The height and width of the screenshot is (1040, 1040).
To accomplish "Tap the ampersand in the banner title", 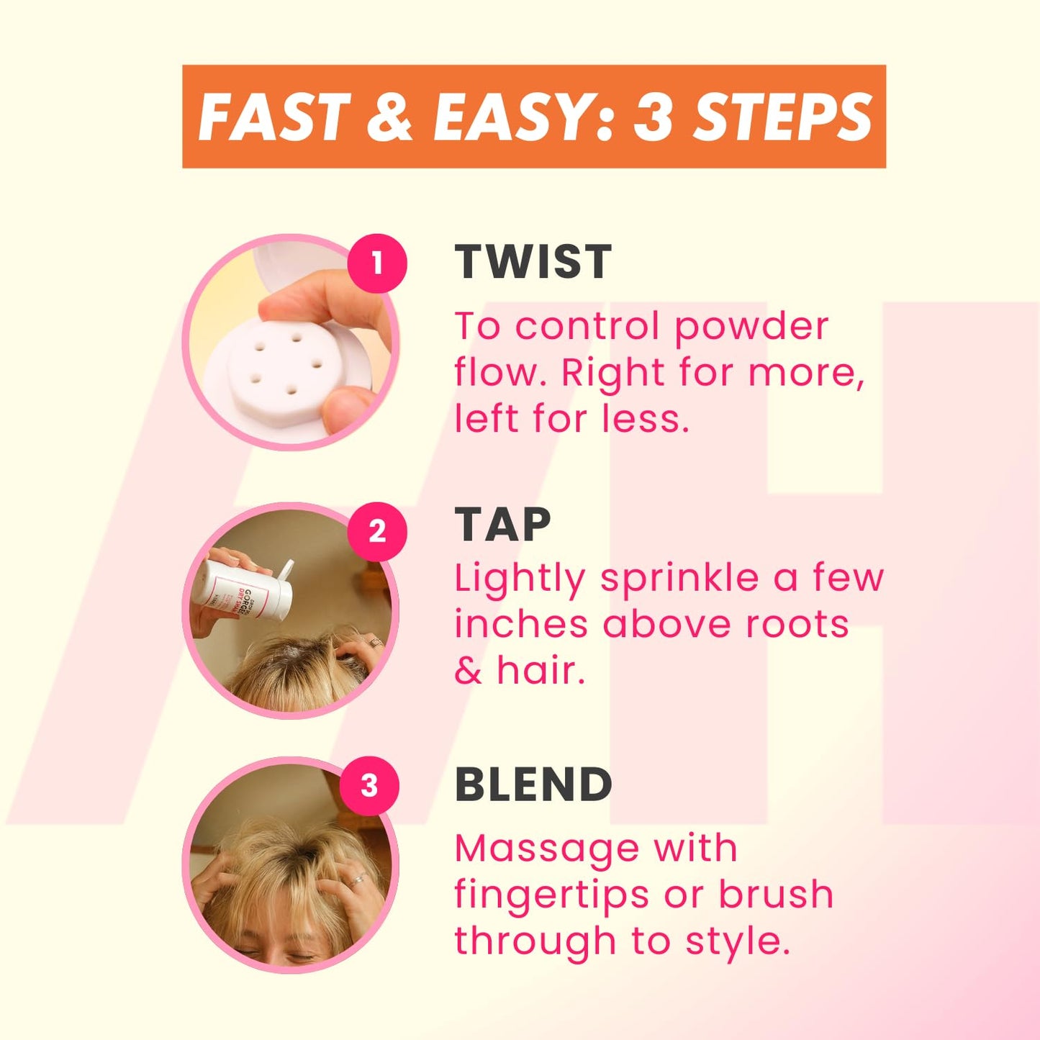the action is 389,117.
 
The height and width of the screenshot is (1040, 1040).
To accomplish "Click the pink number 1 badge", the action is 376,264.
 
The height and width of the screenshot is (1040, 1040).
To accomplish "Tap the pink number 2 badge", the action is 376,531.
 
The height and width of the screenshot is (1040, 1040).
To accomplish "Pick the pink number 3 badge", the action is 369,785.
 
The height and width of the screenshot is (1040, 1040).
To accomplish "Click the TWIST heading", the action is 533,262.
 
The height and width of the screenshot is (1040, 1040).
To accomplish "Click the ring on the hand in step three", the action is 357,880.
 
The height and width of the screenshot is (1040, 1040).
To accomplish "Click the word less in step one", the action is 646,419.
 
